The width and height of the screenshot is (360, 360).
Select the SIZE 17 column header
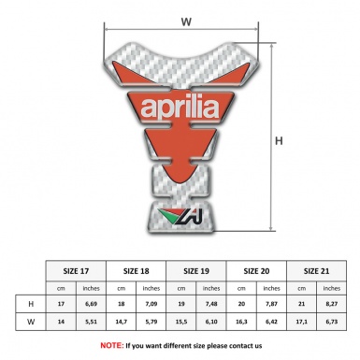77,269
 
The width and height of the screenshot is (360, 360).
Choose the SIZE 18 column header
137,269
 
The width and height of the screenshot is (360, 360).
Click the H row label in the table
32,303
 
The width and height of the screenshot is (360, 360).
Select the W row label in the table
32,322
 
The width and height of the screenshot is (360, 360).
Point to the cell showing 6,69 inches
92,303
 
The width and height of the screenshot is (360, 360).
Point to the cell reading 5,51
92,322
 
